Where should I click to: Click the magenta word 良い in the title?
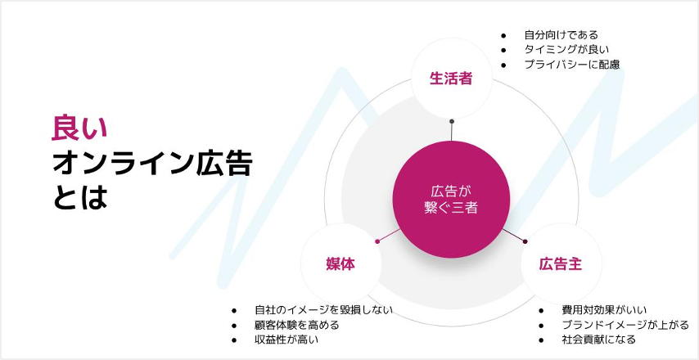79,128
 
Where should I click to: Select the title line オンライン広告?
152,163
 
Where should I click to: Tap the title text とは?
79,197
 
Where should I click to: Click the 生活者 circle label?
451,79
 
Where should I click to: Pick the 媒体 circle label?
340,264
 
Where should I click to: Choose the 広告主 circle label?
561,264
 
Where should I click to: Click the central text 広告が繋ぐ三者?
451,200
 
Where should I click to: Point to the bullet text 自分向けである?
561,34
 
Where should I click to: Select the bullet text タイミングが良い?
566,49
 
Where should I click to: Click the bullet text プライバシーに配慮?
572,65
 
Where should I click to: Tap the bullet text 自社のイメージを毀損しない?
323,310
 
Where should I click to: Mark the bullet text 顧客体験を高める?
297,326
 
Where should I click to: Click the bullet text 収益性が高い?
286,340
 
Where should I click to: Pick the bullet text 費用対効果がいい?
604,310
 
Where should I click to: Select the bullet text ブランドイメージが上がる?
625,326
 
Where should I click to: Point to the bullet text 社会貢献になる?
598,340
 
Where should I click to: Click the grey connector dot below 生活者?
452,121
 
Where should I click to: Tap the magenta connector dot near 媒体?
377,241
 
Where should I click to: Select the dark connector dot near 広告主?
525,241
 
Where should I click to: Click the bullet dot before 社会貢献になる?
541,340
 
